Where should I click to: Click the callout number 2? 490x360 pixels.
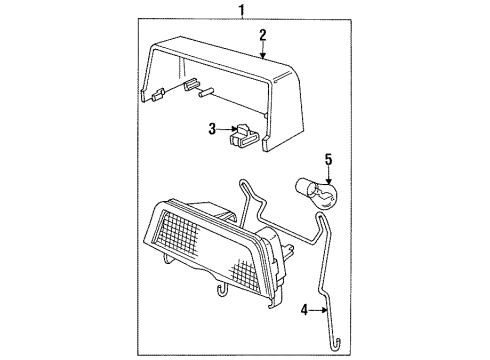click(263, 36)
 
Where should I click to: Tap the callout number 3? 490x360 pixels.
click(213, 128)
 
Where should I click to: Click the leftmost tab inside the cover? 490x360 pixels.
click(158, 96)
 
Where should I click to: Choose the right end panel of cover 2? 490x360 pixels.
click(285, 110)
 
